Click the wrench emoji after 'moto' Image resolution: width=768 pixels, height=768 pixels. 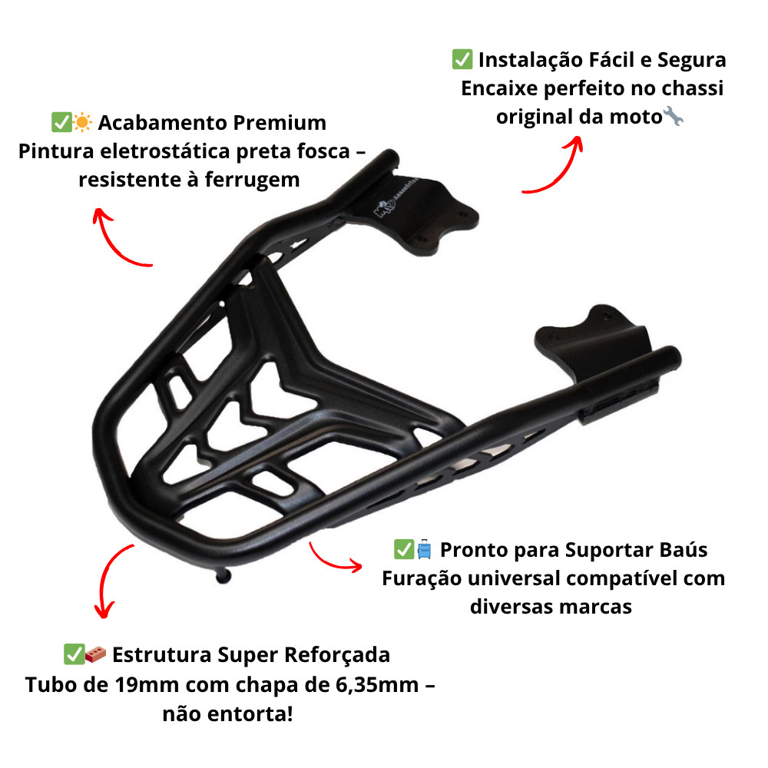point(673,116)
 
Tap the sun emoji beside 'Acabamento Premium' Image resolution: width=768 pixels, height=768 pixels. point(82,122)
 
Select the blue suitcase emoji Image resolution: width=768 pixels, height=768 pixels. point(424,549)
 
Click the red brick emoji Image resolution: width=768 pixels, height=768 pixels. point(95,654)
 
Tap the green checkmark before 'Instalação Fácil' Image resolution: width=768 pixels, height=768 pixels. point(462,59)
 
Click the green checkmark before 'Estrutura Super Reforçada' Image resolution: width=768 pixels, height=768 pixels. point(74,654)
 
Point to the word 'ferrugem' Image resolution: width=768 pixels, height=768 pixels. point(252,180)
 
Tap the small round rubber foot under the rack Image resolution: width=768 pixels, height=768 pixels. point(223,576)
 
